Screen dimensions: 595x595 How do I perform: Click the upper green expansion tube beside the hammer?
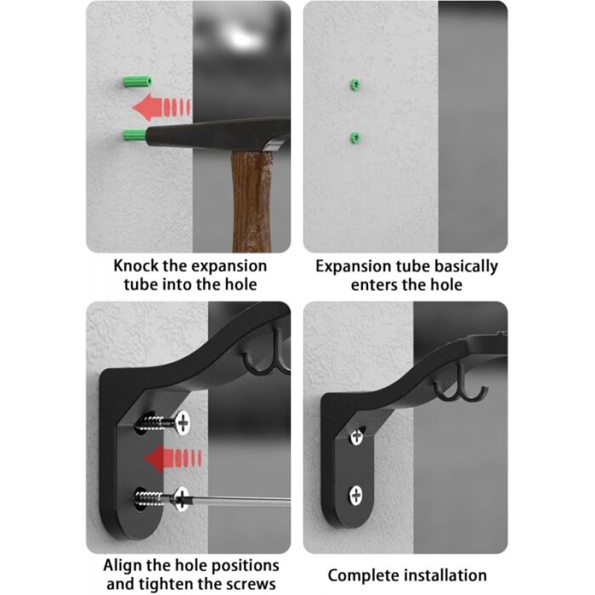tap(138, 82)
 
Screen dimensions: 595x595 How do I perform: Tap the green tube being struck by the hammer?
tap(134, 135)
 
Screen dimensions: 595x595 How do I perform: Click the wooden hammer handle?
tap(252, 201)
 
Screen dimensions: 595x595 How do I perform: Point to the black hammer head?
tap(218, 133)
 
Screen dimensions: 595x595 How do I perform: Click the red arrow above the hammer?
tap(161, 107)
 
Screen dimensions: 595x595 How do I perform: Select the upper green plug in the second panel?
tap(354, 85)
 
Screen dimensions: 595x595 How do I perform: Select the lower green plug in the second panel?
tap(354, 138)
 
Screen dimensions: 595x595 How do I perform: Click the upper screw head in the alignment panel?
tap(183, 422)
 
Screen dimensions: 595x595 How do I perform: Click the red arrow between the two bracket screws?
tap(173, 458)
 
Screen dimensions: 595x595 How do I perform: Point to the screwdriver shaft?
tap(240, 501)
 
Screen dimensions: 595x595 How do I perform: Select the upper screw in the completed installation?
tap(357, 436)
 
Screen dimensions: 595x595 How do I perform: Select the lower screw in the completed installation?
tap(356, 496)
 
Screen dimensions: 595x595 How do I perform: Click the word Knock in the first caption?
tap(135, 265)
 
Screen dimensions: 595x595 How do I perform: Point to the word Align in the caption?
tap(122, 566)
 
